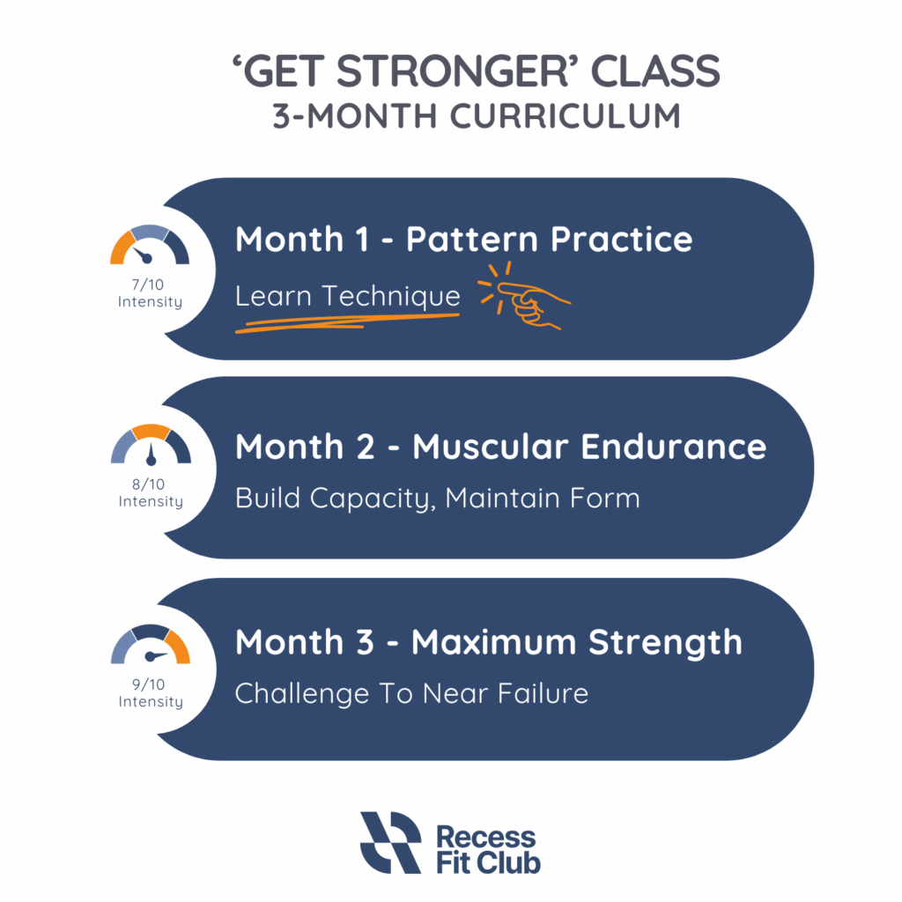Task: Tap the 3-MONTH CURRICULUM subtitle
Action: click(x=477, y=115)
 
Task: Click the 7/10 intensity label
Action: click(x=150, y=293)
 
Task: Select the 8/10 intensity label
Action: click(x=150, y=493)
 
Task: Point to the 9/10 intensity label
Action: click(x=150, y=693)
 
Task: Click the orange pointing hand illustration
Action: click(x=523, y=297)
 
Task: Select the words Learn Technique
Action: click(x=347, y=296)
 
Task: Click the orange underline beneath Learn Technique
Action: click(x=347, y=323)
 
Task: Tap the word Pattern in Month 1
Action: click(x=472, y=240)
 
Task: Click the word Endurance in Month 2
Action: click(x=673, y=447)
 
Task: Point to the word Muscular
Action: click(x=490, y=447)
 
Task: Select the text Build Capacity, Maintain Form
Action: click(x=437, y=499)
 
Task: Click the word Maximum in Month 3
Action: click(x=493, y=642)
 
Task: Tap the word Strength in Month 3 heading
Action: click(x=665, y=644)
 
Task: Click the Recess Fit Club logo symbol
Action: click(x=391, y=843)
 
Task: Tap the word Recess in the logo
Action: click(x=485, y=838)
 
